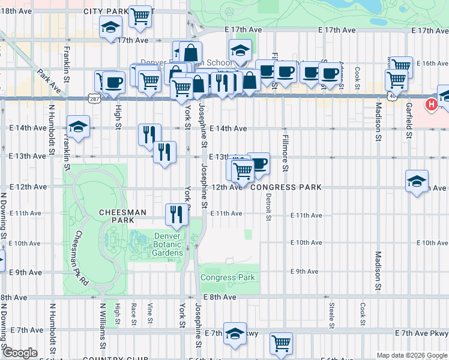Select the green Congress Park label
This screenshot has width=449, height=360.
[228, 277]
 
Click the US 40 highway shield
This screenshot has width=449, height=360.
[391, 97]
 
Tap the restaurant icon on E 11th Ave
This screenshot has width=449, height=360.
[176, 214]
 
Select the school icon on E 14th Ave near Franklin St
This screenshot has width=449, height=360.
[77, 126]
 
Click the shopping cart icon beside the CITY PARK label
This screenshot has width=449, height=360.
[140, 17]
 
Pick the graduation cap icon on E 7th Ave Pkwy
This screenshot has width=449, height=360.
[235, 334]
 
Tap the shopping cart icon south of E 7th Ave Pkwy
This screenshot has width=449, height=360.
[280, 343]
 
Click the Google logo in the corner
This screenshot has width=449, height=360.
[20, 353]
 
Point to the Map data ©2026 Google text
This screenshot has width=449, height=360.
[411, 355]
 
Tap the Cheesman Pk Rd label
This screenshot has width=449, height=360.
[82, 258]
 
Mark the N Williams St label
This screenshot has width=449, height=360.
[103, 329]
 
